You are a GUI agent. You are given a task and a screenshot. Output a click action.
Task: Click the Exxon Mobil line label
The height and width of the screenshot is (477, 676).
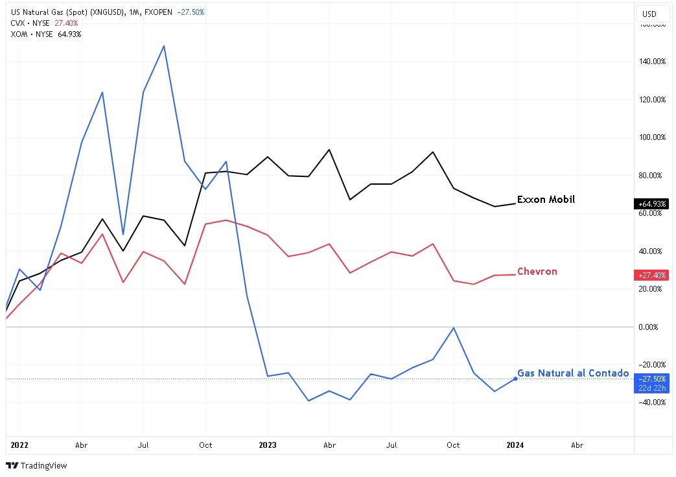[546, 200]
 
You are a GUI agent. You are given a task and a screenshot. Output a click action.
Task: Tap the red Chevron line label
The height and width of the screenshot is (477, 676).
[537, 272]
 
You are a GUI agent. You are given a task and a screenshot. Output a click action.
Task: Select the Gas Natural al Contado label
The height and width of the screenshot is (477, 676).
[573, 373]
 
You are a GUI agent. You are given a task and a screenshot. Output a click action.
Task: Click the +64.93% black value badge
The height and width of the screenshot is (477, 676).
[651, 204]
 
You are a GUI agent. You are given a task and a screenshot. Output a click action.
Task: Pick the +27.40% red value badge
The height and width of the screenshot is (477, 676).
[651, 275]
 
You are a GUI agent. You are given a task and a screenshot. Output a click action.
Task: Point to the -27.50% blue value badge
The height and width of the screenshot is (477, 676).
[651, 379]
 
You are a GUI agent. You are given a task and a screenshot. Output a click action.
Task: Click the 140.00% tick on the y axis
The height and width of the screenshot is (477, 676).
[649, 62]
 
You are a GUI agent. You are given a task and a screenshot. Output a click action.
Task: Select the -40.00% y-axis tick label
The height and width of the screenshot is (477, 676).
[649, 402]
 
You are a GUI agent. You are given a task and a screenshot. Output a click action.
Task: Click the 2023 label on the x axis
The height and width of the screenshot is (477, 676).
[268, 445]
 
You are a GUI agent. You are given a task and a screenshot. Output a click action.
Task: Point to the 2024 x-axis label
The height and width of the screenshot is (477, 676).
[515, 445]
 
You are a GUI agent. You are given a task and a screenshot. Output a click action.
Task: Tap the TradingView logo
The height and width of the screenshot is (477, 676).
[36, 465]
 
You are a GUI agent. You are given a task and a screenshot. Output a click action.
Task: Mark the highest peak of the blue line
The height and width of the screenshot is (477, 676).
[164, 46]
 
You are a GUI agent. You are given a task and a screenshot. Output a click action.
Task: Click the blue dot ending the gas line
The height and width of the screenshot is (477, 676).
[515, 378]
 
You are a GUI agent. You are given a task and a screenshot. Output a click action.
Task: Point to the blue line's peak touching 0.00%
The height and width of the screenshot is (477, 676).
[454, 327]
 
